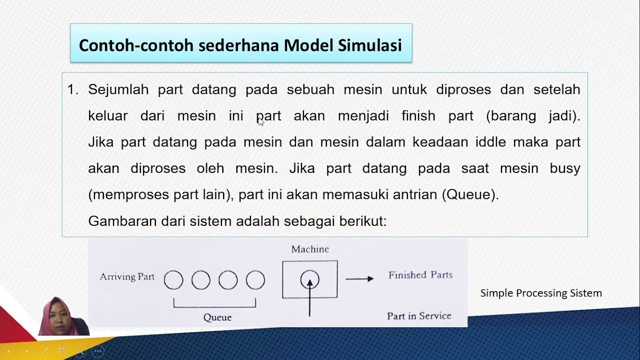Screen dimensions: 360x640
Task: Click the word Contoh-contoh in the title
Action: (136, 45)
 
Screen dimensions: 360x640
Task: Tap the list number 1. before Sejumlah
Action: (73, 89)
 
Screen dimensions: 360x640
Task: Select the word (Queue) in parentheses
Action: (470, 194)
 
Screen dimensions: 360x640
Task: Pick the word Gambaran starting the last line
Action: (122, 221)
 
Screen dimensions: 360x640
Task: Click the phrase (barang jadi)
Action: (533, 116)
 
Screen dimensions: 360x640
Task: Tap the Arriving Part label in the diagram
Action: (127, 276)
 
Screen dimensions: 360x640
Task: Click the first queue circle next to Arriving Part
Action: (173, 280)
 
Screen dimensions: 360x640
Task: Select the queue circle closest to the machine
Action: (255, 280)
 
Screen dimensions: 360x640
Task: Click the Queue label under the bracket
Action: (217, 317)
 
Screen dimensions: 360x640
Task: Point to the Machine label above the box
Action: (310, 249)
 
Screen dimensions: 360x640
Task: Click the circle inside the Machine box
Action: (309, 279)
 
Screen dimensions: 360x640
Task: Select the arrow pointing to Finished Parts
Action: (359, 279)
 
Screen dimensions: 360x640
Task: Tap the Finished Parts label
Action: (420, 275)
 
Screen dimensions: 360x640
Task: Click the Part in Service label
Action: (419, 316)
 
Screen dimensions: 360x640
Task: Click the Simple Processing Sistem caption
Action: (541, 293)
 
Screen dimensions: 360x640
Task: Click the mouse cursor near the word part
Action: (260, 121)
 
